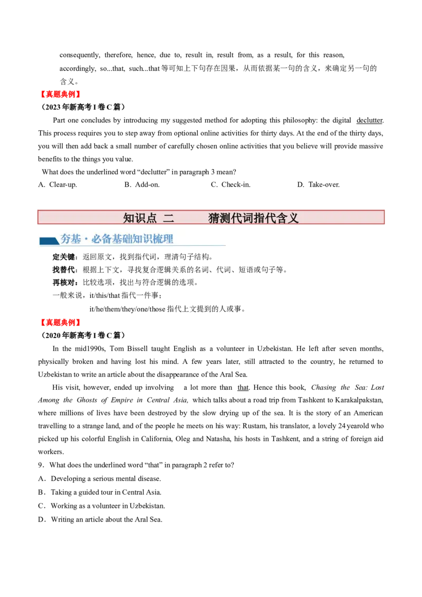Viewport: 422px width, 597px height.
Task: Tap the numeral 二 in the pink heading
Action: (x=168, y=218)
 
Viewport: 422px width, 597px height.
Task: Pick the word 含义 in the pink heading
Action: (x=287, y=218)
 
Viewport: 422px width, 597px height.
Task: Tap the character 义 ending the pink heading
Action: (x=293, y=218)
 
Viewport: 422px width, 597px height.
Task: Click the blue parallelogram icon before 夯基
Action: (x=49, y=241)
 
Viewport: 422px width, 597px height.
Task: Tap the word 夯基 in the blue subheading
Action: (x=71, y=239)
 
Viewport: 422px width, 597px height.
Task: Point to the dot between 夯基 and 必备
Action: (x=86, y=240)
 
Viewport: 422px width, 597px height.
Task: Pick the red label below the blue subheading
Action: (x=60, y=322)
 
